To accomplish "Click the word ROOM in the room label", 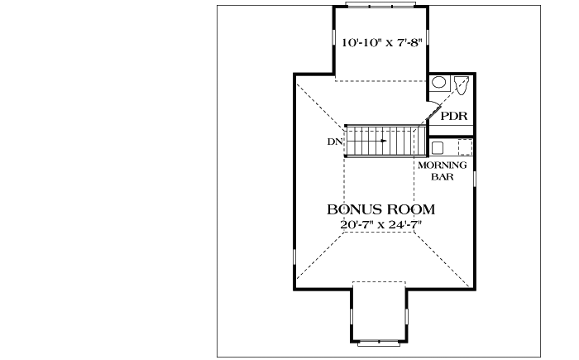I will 409,209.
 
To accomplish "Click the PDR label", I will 454,116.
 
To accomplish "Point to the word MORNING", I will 443,165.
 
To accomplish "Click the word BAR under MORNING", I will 443,176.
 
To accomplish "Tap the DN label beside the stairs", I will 335,142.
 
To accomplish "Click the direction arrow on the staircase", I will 380,142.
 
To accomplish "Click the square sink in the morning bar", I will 438,148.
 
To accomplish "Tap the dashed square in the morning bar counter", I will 465,147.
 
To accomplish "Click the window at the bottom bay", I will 380,341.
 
